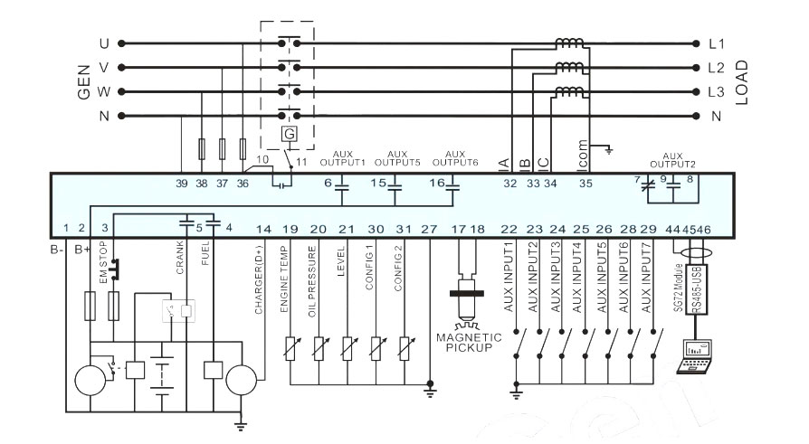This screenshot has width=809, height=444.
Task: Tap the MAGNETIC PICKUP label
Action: point(469,343)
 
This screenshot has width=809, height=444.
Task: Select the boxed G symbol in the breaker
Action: point(290,134)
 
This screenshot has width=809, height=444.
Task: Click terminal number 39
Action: point(182,184)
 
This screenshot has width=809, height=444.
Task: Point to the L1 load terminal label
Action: point(717,43)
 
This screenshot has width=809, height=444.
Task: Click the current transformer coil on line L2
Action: point(569,67)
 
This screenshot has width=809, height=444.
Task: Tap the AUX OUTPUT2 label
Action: point(672,160)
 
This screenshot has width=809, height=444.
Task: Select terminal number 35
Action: point(585,184)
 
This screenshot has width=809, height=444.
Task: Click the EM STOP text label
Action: point(102,262)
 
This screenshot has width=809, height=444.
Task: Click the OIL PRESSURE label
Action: point(311,281)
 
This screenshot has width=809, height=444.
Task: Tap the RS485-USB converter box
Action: point(696,289)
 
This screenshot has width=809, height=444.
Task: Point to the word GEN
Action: point(83,81)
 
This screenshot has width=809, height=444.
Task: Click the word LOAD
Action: point(741,82)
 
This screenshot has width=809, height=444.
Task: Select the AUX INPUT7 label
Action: point(646,278)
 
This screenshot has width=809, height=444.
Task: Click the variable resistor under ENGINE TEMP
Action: point(290,348)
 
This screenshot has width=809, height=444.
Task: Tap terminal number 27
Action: point(429,230)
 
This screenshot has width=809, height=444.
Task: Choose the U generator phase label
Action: point(104,43)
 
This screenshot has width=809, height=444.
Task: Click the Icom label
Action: point(583,154)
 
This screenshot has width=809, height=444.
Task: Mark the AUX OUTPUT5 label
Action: point(397,158)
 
